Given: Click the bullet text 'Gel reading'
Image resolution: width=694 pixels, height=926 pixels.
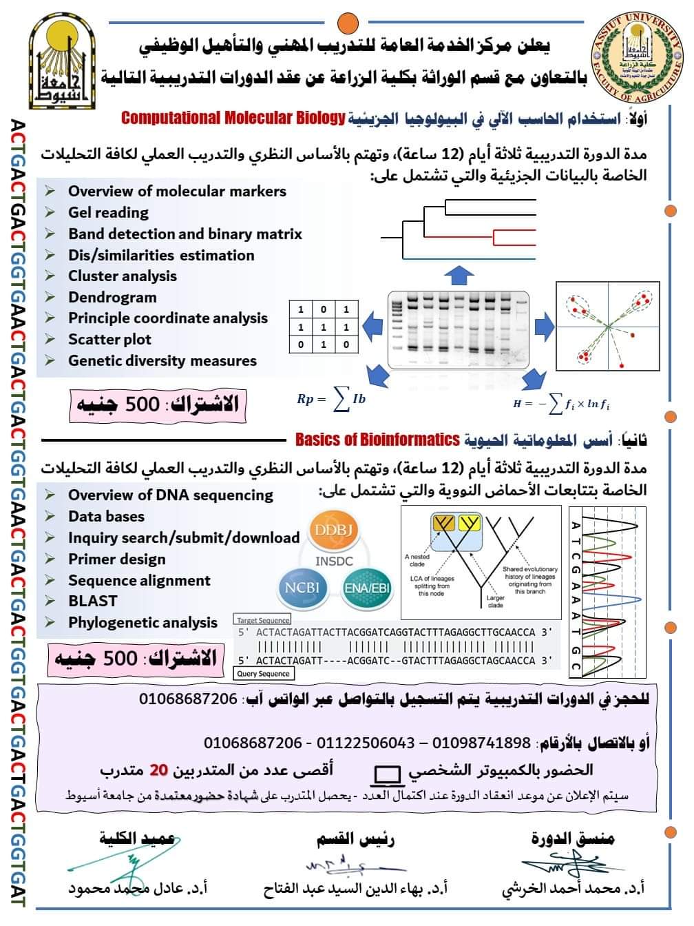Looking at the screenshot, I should tap(108, 212).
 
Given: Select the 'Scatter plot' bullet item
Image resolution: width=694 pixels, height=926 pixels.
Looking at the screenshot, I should tap(109, 339).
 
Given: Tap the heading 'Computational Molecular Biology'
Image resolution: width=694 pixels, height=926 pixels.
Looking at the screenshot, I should tap(233, 118).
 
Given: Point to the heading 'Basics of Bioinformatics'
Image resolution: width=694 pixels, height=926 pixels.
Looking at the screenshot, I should tap(377, 440).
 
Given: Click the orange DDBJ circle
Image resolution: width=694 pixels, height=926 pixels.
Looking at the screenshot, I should tap(333, 530).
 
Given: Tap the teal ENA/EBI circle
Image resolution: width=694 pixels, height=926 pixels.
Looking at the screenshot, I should tap(367, 588).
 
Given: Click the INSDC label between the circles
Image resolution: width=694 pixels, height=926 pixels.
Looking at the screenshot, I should tap(334, 561).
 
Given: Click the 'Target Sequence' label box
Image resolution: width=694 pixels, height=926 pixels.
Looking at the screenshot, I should tap(263, 620).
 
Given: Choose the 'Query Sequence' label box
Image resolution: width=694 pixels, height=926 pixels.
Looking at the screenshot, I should tap(263, 673).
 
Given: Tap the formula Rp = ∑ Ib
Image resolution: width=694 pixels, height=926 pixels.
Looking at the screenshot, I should tap(331, 399).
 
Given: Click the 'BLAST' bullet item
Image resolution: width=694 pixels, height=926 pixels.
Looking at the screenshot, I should tap(92, 601).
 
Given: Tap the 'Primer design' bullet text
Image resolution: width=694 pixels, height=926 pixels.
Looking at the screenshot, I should tap(116, 559).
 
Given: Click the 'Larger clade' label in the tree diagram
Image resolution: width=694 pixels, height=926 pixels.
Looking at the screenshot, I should tap(495, 601).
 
